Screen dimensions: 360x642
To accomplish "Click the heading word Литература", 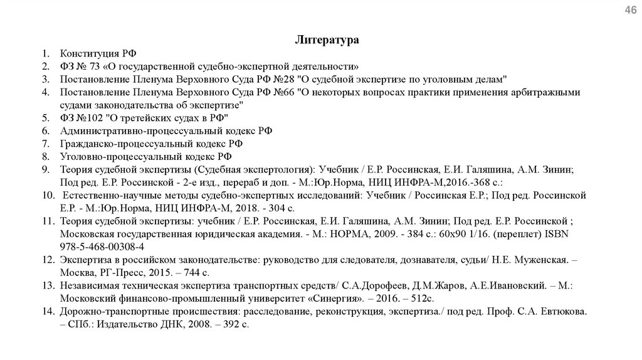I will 327,40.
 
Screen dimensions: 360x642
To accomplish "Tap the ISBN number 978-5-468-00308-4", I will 102,247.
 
